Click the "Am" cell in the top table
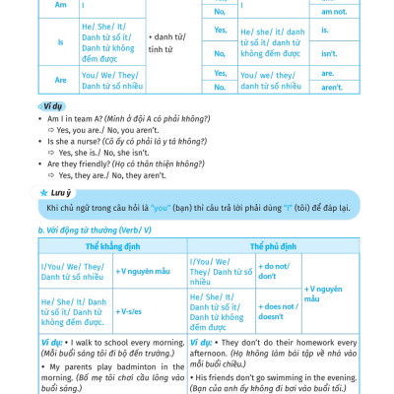coord(60,5)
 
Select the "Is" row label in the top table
coord(60,43)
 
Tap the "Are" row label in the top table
coord(60,80)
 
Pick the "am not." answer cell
coord(334,12)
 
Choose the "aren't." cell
coord(332,87)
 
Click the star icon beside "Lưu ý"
coord(44,192)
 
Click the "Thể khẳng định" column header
coord(113,245)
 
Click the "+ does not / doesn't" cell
coord(277,311)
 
